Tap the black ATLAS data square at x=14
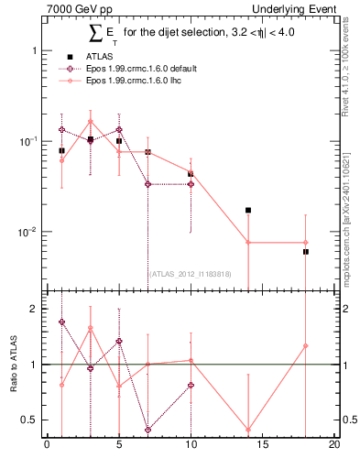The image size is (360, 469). point(248,210)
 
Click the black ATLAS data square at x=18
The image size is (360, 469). point(306,251)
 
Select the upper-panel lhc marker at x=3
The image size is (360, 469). point(91,121)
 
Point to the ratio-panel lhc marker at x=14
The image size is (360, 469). point(248,429)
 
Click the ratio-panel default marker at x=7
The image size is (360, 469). point(147,430)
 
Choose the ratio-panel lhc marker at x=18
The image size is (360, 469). point(306,346)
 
